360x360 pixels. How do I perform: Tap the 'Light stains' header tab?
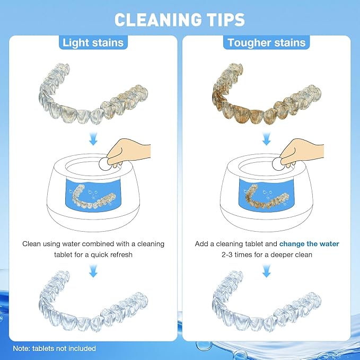pos(93,43)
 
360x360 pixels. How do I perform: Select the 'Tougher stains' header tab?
pos(267,43)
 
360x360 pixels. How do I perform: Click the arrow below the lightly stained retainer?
pos(93,139)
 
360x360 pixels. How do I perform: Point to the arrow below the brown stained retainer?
pos(267,139)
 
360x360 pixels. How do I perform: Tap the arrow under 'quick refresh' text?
pos(93,271)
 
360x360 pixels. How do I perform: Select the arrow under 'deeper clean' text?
pos(267,271)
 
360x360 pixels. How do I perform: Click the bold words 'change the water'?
pos(310,244)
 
